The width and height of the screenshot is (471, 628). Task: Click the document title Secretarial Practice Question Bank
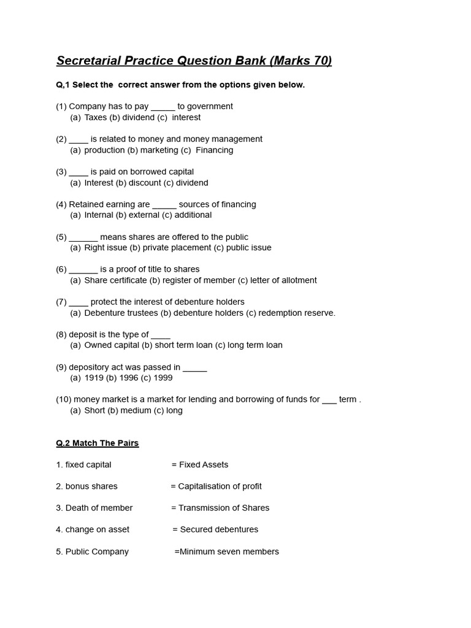[x=194, y=60]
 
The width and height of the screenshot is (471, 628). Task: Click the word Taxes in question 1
[x=96, y=117]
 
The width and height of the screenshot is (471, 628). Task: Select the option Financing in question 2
[x=214, y=150]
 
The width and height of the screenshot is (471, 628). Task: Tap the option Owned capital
[x=112, y=345]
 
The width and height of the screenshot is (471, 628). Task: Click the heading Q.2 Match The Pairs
[x=98, y=443]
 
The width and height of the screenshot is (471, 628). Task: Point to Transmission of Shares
[x=224, y=508]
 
